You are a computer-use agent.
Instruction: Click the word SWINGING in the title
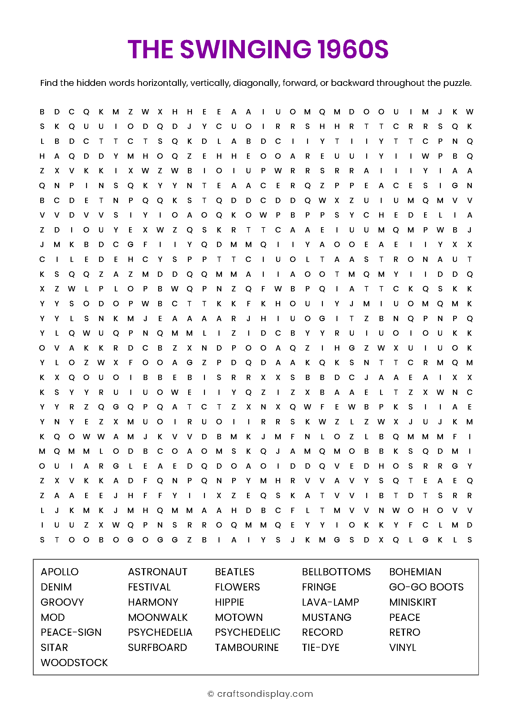click(245, 49)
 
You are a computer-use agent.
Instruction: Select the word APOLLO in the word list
click(59, 572)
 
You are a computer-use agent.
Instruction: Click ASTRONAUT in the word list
click(158, 572)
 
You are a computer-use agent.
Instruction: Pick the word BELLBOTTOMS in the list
click(336, 572)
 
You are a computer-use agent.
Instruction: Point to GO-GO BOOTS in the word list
click(426, 587)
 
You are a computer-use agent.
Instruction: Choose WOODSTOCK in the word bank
click(74, 662)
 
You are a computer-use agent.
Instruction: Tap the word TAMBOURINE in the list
click(247, 647)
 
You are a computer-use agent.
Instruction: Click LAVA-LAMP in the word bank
click(330, 602)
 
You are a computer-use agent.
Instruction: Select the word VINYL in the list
click(403, 647)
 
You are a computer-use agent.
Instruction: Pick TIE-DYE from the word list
click(320, 647)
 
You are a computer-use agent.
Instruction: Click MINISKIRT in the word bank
click(413, 602)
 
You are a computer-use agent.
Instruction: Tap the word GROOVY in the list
click(62, 602)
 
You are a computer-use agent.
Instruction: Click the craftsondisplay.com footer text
click(265, 694)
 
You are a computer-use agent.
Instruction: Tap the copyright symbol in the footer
click(210, 694)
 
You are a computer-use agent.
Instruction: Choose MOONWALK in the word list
click(158, 617)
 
